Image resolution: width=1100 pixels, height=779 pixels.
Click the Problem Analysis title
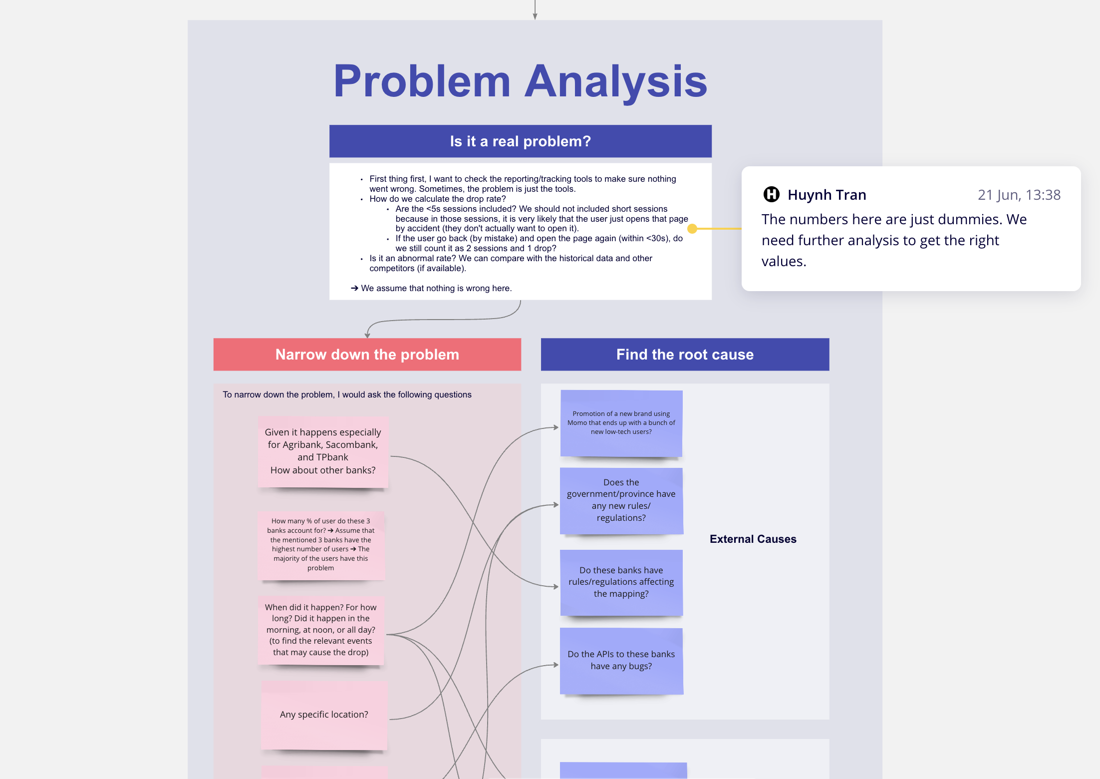tap(520, 81)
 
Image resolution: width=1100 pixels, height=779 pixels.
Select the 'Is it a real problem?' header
tap(520, 141)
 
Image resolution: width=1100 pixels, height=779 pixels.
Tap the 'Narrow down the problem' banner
tap(367, 355)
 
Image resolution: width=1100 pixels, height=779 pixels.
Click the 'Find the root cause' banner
tap(685, 355)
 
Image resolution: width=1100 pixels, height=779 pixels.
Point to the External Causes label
tap(753, 539)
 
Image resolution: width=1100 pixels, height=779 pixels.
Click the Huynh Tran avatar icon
tap(771, 194)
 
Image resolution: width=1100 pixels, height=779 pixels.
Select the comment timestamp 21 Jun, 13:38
tap(1019, 195)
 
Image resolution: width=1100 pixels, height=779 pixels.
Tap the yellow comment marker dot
tap(692, 229)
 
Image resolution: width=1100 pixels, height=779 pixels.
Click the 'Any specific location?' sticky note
tap(324, 715)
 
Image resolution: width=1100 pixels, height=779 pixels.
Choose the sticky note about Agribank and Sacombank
tap(323, 451)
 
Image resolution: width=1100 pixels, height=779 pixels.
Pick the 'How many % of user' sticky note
tap(321, 544)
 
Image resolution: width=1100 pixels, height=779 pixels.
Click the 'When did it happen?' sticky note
tap(321, 630)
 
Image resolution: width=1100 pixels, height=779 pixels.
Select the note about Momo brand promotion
tap(621, 423)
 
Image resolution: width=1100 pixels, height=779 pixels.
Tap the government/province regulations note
tap(621, 500)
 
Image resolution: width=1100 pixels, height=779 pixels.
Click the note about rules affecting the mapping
tap(621, 582)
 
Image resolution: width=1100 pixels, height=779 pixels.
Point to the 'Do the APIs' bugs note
tap(621, 660)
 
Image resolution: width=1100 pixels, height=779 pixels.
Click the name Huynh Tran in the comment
tap(826, 195)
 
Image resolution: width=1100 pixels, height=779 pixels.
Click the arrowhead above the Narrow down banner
tap(367, 336)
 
